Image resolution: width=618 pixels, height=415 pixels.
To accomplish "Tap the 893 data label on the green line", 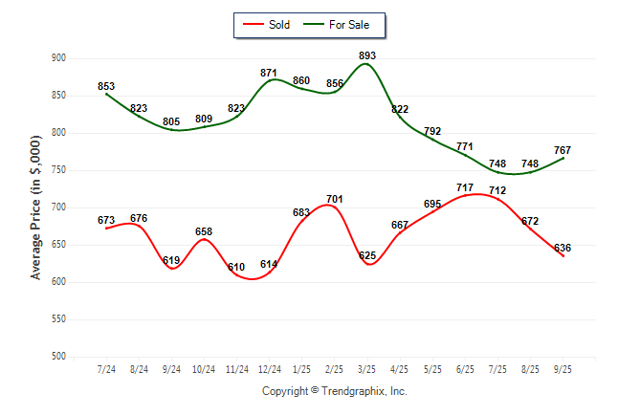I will point(367,55).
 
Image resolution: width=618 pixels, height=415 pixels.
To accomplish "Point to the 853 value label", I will point(106,87).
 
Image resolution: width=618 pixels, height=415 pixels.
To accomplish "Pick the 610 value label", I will point(236,267).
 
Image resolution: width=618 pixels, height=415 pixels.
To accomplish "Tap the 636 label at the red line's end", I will point(563,248).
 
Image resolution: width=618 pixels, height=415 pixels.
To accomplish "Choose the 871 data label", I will point(269,73).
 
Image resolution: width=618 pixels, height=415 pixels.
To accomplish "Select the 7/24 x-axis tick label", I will point(106,368).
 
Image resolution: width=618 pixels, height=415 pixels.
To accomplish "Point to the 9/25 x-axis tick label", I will point(563,368).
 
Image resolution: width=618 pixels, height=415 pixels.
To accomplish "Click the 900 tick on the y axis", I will point(58,58).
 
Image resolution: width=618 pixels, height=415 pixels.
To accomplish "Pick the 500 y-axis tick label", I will point(58,357).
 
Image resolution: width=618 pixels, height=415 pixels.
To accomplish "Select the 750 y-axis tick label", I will point(58,170).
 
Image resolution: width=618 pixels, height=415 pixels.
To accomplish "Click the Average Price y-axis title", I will point(36,208).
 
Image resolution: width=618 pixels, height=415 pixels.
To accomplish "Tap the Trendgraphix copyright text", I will point(335,391).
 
